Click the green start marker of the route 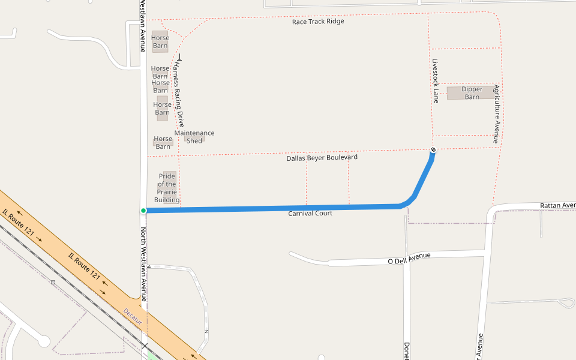(x=143, y=211)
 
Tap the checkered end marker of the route (x=433, y=149)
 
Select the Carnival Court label (x=310, y=214)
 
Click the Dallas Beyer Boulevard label (x=322, y=158)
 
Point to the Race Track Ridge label (x=318, y=22)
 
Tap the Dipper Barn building (x=472, y=93)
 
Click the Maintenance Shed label (x=194, y=137)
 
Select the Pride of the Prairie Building (x=167, y=188)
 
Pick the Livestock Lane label (x=436, y=80)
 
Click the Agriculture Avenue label (x=497, y=113)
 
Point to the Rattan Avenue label (x=557, y=205)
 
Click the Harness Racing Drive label (x=178, y=95)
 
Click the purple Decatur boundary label (x=133, y=316)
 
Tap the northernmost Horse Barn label (x=160, y=41)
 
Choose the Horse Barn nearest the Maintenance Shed (x=163, y=143)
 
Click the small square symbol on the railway (x=53, y=281)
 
